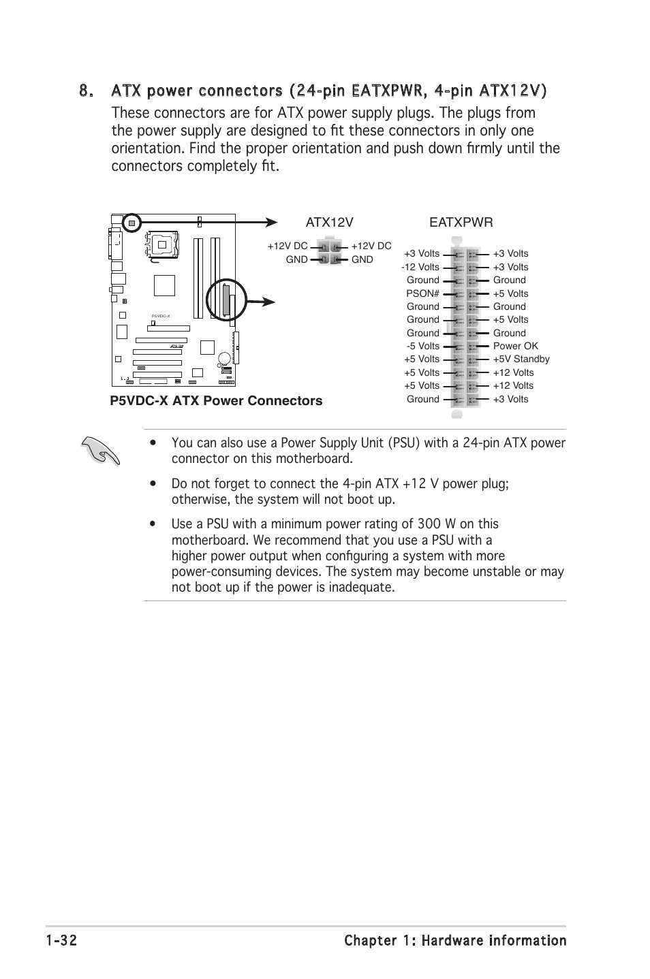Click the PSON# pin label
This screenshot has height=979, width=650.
tap(422, 293)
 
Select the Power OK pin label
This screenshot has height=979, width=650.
tap(515, 346)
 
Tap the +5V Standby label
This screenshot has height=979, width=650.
tap(521, 359)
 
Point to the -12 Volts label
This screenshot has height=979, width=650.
tap(420, 267)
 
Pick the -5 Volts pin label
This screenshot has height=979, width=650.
tap(422, 346)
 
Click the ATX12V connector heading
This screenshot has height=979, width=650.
tap(330, 223)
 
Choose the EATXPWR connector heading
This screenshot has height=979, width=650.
tap(461, 223)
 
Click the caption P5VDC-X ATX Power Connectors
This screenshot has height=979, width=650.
tap(216, 401)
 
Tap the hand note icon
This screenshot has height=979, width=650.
tap(99, 451)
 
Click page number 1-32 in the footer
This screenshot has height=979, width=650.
tap(62, 941)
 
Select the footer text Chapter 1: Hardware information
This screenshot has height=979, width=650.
tap(455, 941)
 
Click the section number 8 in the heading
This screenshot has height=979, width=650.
tap(84, 91)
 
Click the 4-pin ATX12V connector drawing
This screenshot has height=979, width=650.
tap(330, 252)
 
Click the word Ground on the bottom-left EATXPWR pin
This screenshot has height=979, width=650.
tap(422, 399)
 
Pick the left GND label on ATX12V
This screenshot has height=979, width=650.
tap(297, 259)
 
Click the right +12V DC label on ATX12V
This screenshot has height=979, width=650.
tap(371, 246)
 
